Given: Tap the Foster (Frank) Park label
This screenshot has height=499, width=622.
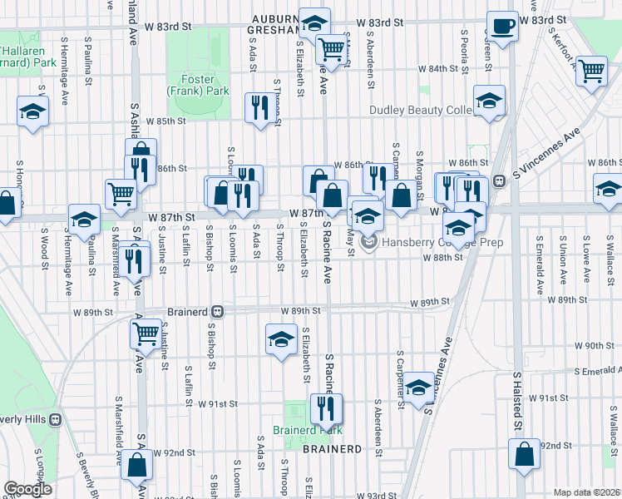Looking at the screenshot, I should (x=197, y=84).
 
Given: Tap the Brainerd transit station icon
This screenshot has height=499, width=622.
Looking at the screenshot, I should (x=216, y=311).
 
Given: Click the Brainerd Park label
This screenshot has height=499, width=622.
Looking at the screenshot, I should (x=308, y=431).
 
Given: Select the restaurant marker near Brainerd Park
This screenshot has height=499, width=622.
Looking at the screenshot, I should (x=325, y=408).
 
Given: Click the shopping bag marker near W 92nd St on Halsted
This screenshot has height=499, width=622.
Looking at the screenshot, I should (x=525, y=454).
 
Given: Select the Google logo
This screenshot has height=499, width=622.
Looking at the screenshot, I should (x=27, y=489).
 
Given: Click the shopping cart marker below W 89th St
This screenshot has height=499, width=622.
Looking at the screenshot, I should (x=146, y=333).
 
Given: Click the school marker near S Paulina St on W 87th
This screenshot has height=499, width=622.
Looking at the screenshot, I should (x=83, y=219).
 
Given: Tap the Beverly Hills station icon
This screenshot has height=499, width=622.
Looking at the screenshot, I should (x=56, y=420).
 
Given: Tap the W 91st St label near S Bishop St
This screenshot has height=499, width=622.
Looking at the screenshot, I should (x=218, y=403).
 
